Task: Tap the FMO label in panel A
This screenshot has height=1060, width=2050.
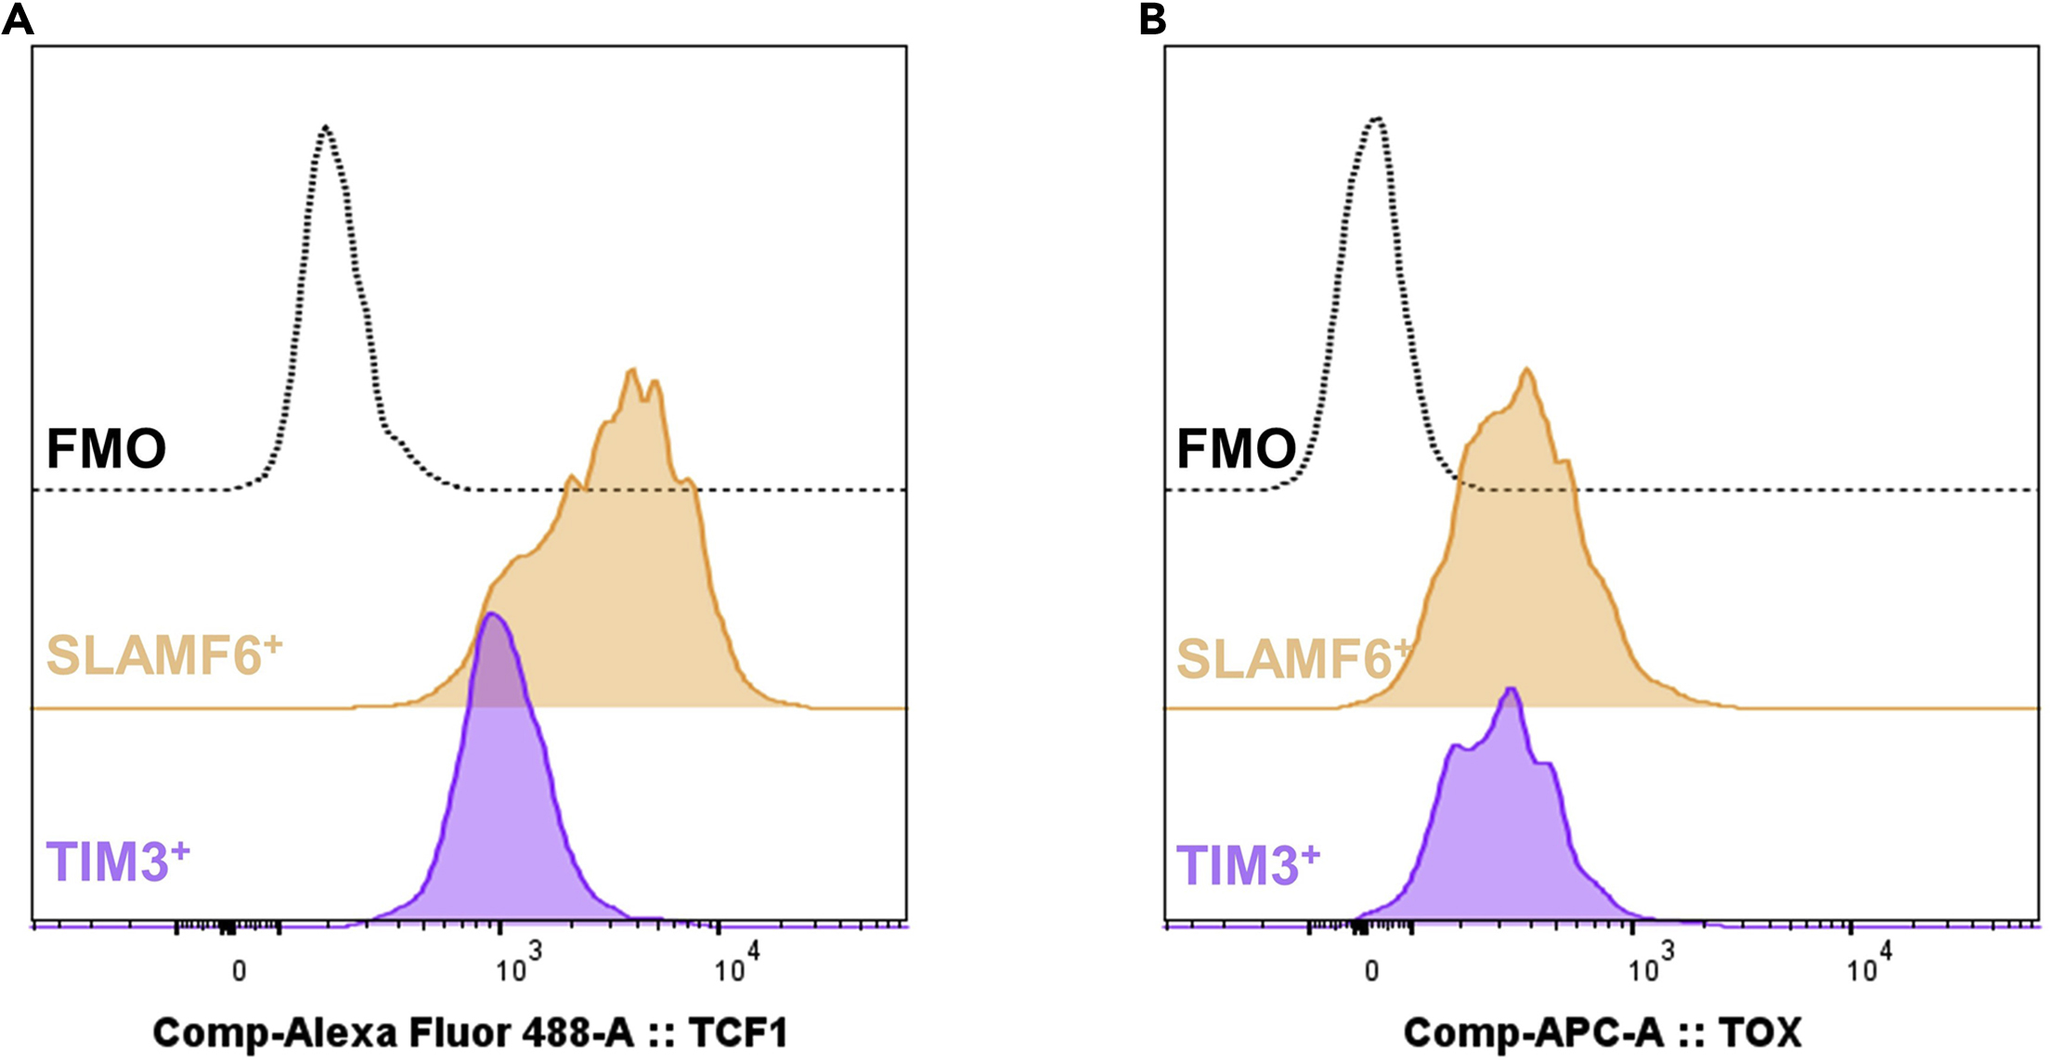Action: click(x=106, y=449)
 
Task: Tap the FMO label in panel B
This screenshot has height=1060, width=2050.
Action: click(x=1236, y=449)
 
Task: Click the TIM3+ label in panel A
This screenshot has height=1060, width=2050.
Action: click(x=117, y=861)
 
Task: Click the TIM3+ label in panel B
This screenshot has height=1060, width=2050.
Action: click(x=1247, y=864)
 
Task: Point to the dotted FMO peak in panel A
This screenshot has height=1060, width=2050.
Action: click(x=325, y=127)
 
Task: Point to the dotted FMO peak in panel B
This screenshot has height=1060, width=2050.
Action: click(x=1378, y=120)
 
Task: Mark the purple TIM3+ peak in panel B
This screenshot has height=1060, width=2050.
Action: click(x=1512, y=690)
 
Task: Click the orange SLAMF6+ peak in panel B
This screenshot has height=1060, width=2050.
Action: click(x=1526, y=371)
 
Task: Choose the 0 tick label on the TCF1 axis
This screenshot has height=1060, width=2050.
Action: click(x=240, y=972)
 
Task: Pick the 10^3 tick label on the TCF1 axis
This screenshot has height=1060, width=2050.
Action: click(x=518, y=967)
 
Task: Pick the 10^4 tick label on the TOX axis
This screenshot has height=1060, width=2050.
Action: click(x=1868, y=967)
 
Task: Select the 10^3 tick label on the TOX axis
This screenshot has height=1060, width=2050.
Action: click(x=1651, y=967)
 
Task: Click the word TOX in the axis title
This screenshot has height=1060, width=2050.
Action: click(x=1759, y=1033)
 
